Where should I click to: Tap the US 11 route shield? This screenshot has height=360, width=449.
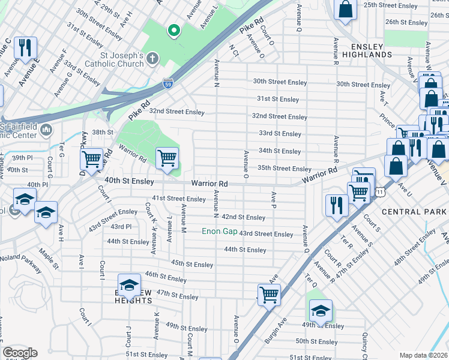point(380,191)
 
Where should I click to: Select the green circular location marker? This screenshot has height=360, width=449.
point(173,29)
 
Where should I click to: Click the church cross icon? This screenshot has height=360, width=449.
point(153,59)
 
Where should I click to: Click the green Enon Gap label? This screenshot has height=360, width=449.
point(218,231)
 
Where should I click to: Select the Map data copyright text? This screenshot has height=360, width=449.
point(424,355)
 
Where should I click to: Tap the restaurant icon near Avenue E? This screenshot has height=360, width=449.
point(25,47)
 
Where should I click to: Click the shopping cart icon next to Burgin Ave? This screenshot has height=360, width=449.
point(269,294)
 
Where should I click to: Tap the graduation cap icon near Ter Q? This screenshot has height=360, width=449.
point(321,310)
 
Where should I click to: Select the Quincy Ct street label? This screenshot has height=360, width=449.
point(364,343)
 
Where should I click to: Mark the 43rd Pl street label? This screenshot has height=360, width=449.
point(121,226)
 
